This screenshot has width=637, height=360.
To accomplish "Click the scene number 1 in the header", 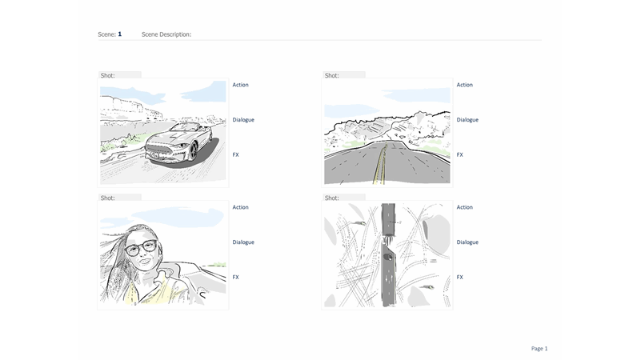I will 120,34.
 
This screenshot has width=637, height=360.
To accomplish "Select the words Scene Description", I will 166,35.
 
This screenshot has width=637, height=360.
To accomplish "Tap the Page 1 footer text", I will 539,348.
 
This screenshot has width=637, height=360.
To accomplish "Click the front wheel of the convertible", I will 193,150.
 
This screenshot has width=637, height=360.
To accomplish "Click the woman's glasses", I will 141,247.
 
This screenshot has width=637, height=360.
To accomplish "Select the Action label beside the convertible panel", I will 241,85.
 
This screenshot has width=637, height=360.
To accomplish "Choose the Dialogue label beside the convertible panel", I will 243,120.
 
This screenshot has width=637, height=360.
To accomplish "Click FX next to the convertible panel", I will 236,154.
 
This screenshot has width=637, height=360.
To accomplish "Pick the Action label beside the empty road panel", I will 465,85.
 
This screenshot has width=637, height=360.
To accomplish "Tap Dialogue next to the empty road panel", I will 467,120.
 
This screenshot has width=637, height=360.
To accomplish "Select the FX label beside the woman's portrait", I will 236,277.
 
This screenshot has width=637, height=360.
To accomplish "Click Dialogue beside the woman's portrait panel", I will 243,242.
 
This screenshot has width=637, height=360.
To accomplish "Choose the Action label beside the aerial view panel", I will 465,207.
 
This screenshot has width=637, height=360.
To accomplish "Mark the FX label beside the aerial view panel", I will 460,277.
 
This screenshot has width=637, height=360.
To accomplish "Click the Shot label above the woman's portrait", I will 107,197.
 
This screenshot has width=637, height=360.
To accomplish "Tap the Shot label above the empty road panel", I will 331,75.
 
